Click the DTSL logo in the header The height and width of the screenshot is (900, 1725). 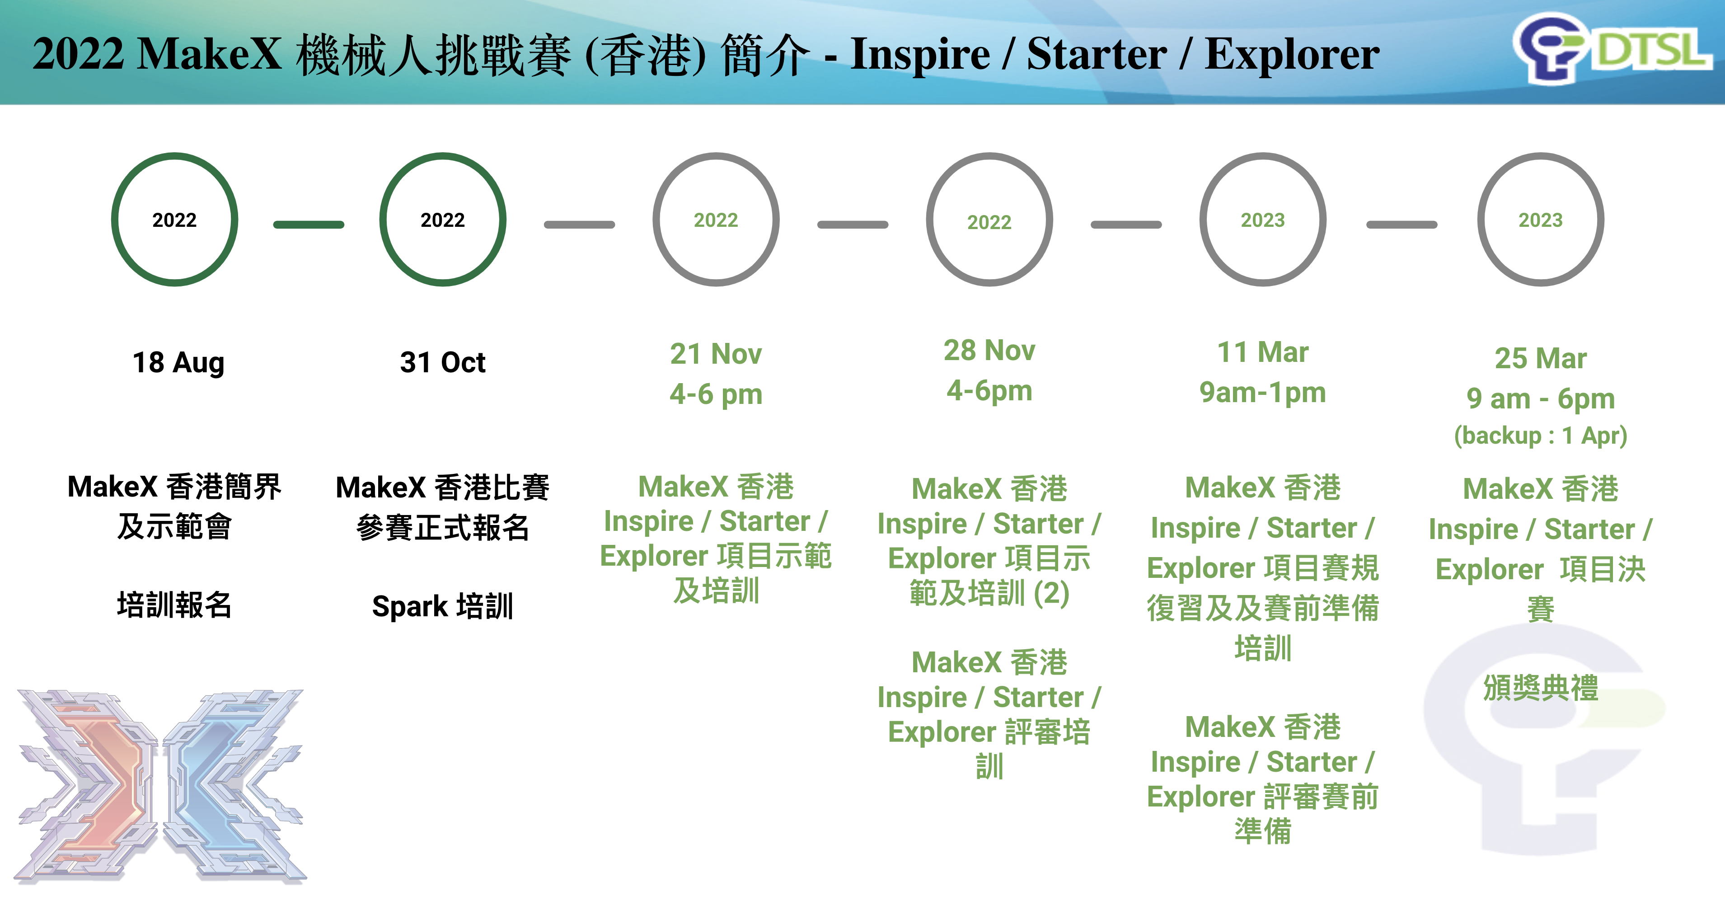1611,49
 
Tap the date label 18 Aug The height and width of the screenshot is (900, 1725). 178,363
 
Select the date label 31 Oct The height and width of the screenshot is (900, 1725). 443,363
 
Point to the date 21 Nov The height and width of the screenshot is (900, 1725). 716,354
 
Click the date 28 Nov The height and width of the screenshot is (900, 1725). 989,350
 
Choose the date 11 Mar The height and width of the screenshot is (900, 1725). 1262,352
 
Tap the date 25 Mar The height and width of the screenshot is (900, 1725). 1540,359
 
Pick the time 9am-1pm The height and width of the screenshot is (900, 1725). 1262,393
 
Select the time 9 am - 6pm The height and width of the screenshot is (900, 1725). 1540,399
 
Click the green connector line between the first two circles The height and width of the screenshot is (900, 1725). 309,225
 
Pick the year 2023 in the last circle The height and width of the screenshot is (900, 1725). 1540,220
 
